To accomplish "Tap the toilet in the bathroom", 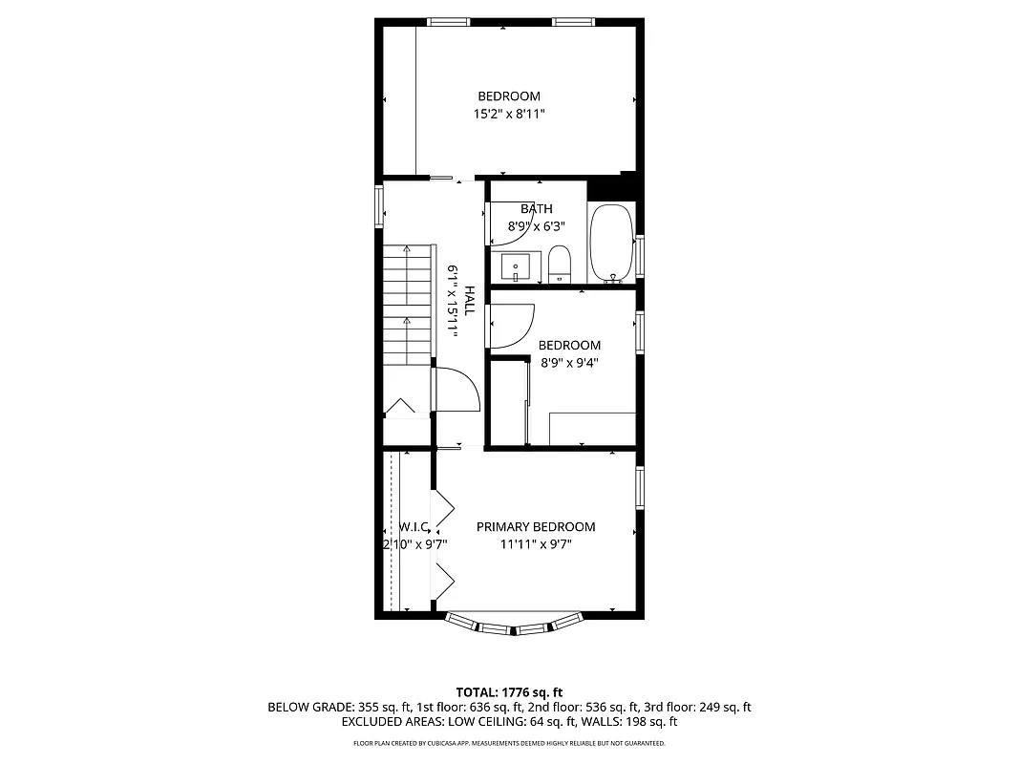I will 560,265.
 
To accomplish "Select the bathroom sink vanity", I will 517,266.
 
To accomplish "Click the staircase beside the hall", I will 408,305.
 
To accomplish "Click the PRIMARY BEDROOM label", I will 535,527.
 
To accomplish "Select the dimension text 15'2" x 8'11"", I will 509,114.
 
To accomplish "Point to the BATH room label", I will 536,209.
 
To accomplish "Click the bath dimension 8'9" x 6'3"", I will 536,227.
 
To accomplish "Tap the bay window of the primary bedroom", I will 514,626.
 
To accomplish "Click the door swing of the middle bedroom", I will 512,326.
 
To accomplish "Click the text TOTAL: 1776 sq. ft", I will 509,691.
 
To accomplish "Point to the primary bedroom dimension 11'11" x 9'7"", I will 535,545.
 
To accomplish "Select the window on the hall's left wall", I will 379,203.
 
